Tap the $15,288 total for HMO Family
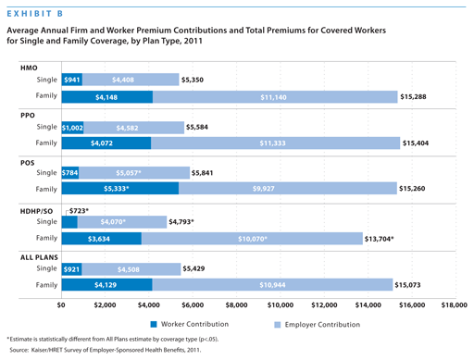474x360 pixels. pyautogui.click(x=413, y=96)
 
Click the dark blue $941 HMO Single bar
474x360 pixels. pyautogui.click(x=71, y=81)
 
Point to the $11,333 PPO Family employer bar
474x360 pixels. pyautogui.click(x=272, y=143)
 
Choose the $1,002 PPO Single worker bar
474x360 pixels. pyautogui.click(x=73, y=127)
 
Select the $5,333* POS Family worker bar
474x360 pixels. pyautogui.click(x=119, y=189)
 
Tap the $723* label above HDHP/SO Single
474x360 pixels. pyautogui.click(x=79, y=211)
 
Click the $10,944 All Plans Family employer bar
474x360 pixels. pyautogui.click(x=271, y=285)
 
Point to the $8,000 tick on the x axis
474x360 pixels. pyautogui.click(x=236, y=304)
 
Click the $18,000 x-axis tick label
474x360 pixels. pyautogui.click(x=454, y=304)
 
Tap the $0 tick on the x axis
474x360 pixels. pyautogui.click(x=61, y=304)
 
